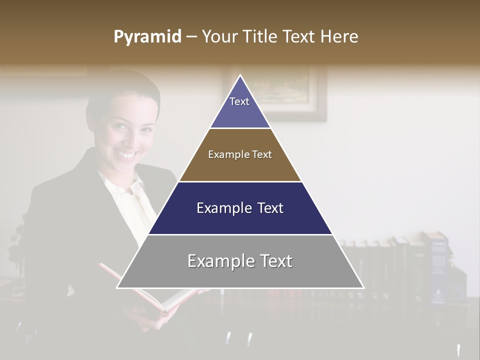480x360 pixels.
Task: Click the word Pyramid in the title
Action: point(147,37)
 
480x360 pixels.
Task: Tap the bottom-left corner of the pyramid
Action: point(117,287)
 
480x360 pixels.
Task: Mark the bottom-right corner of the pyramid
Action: point(363,287)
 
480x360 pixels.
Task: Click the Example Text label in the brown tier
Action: point(240,154)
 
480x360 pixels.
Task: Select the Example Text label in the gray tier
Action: point(240,261)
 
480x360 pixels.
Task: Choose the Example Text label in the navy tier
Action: point(240,208)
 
